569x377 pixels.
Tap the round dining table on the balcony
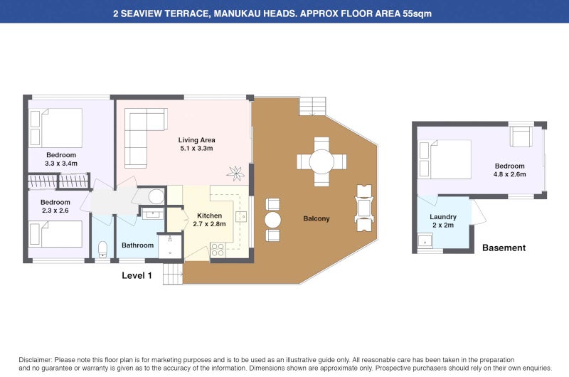[321, 161]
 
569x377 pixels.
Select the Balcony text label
[316, 218]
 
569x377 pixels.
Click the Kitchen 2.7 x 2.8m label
[209, 220]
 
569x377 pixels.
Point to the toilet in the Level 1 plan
[102, 248]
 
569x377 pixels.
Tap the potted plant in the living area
[235, 171]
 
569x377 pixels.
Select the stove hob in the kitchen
[217, 250]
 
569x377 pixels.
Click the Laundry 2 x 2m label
[443, 221]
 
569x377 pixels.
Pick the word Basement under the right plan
[504, 248]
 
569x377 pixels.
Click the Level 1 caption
[137, 275]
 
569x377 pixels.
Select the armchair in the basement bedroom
[521, 135]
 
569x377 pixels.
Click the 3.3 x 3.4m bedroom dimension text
[60, 164]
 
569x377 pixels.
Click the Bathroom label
[137, 245]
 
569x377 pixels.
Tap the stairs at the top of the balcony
[312, 106]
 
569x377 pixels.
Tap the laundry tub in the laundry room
[425, 239]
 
